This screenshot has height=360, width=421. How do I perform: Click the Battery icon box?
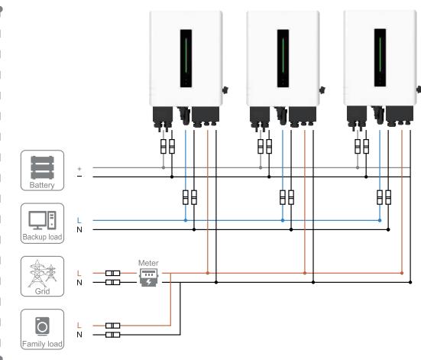tap(43, 170)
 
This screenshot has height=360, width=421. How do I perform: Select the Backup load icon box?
tap(43, 223)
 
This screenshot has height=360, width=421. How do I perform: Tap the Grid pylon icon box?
tap(43, 276)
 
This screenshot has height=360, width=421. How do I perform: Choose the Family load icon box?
tap(43, 329)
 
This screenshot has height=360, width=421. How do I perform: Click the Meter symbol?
tap(148, 277)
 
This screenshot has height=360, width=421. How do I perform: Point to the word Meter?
tap(148, 263)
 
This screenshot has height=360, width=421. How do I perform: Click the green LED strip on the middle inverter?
tap(283, 55)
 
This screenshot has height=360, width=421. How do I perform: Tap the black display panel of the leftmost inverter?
tap(186, 58)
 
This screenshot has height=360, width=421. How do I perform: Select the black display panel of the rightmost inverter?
tap(380, 58)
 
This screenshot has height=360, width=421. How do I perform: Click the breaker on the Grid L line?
tap(113, 273)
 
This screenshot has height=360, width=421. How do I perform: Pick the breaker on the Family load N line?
tap(113, 335)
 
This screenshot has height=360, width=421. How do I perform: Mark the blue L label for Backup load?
tap(79, 221)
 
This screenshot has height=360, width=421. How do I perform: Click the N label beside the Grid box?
tap(79, 283)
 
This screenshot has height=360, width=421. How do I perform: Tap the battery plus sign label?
tap(79, 169)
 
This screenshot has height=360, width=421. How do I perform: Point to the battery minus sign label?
tap(79, 177)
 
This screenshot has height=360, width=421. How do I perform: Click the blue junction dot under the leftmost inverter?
tap(186, 220)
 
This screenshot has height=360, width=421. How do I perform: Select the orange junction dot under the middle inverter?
tap(304, 273)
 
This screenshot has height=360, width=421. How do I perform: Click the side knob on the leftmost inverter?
tap(225, 90)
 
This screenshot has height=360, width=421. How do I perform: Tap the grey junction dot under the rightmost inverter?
tap(358, 167)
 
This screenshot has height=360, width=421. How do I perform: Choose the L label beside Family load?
tap(79, 326)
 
